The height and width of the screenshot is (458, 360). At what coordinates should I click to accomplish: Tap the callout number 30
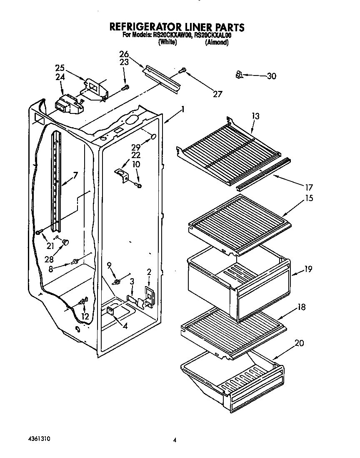(271, 76)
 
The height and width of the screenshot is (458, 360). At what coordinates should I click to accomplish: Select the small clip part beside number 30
(239, 75)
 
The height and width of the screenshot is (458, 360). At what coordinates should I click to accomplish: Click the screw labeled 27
(182, 71)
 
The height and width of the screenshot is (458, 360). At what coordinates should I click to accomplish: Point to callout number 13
(255, 116)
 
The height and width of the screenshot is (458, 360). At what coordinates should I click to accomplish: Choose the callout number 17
(309, 187)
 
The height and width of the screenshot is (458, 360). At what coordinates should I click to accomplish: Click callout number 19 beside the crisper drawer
(308, 269)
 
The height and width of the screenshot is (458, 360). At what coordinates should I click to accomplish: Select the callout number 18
(302, 307)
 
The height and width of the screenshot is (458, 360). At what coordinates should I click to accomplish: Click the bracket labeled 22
(120, 172)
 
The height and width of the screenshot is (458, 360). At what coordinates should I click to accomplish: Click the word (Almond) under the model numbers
(217, 43)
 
